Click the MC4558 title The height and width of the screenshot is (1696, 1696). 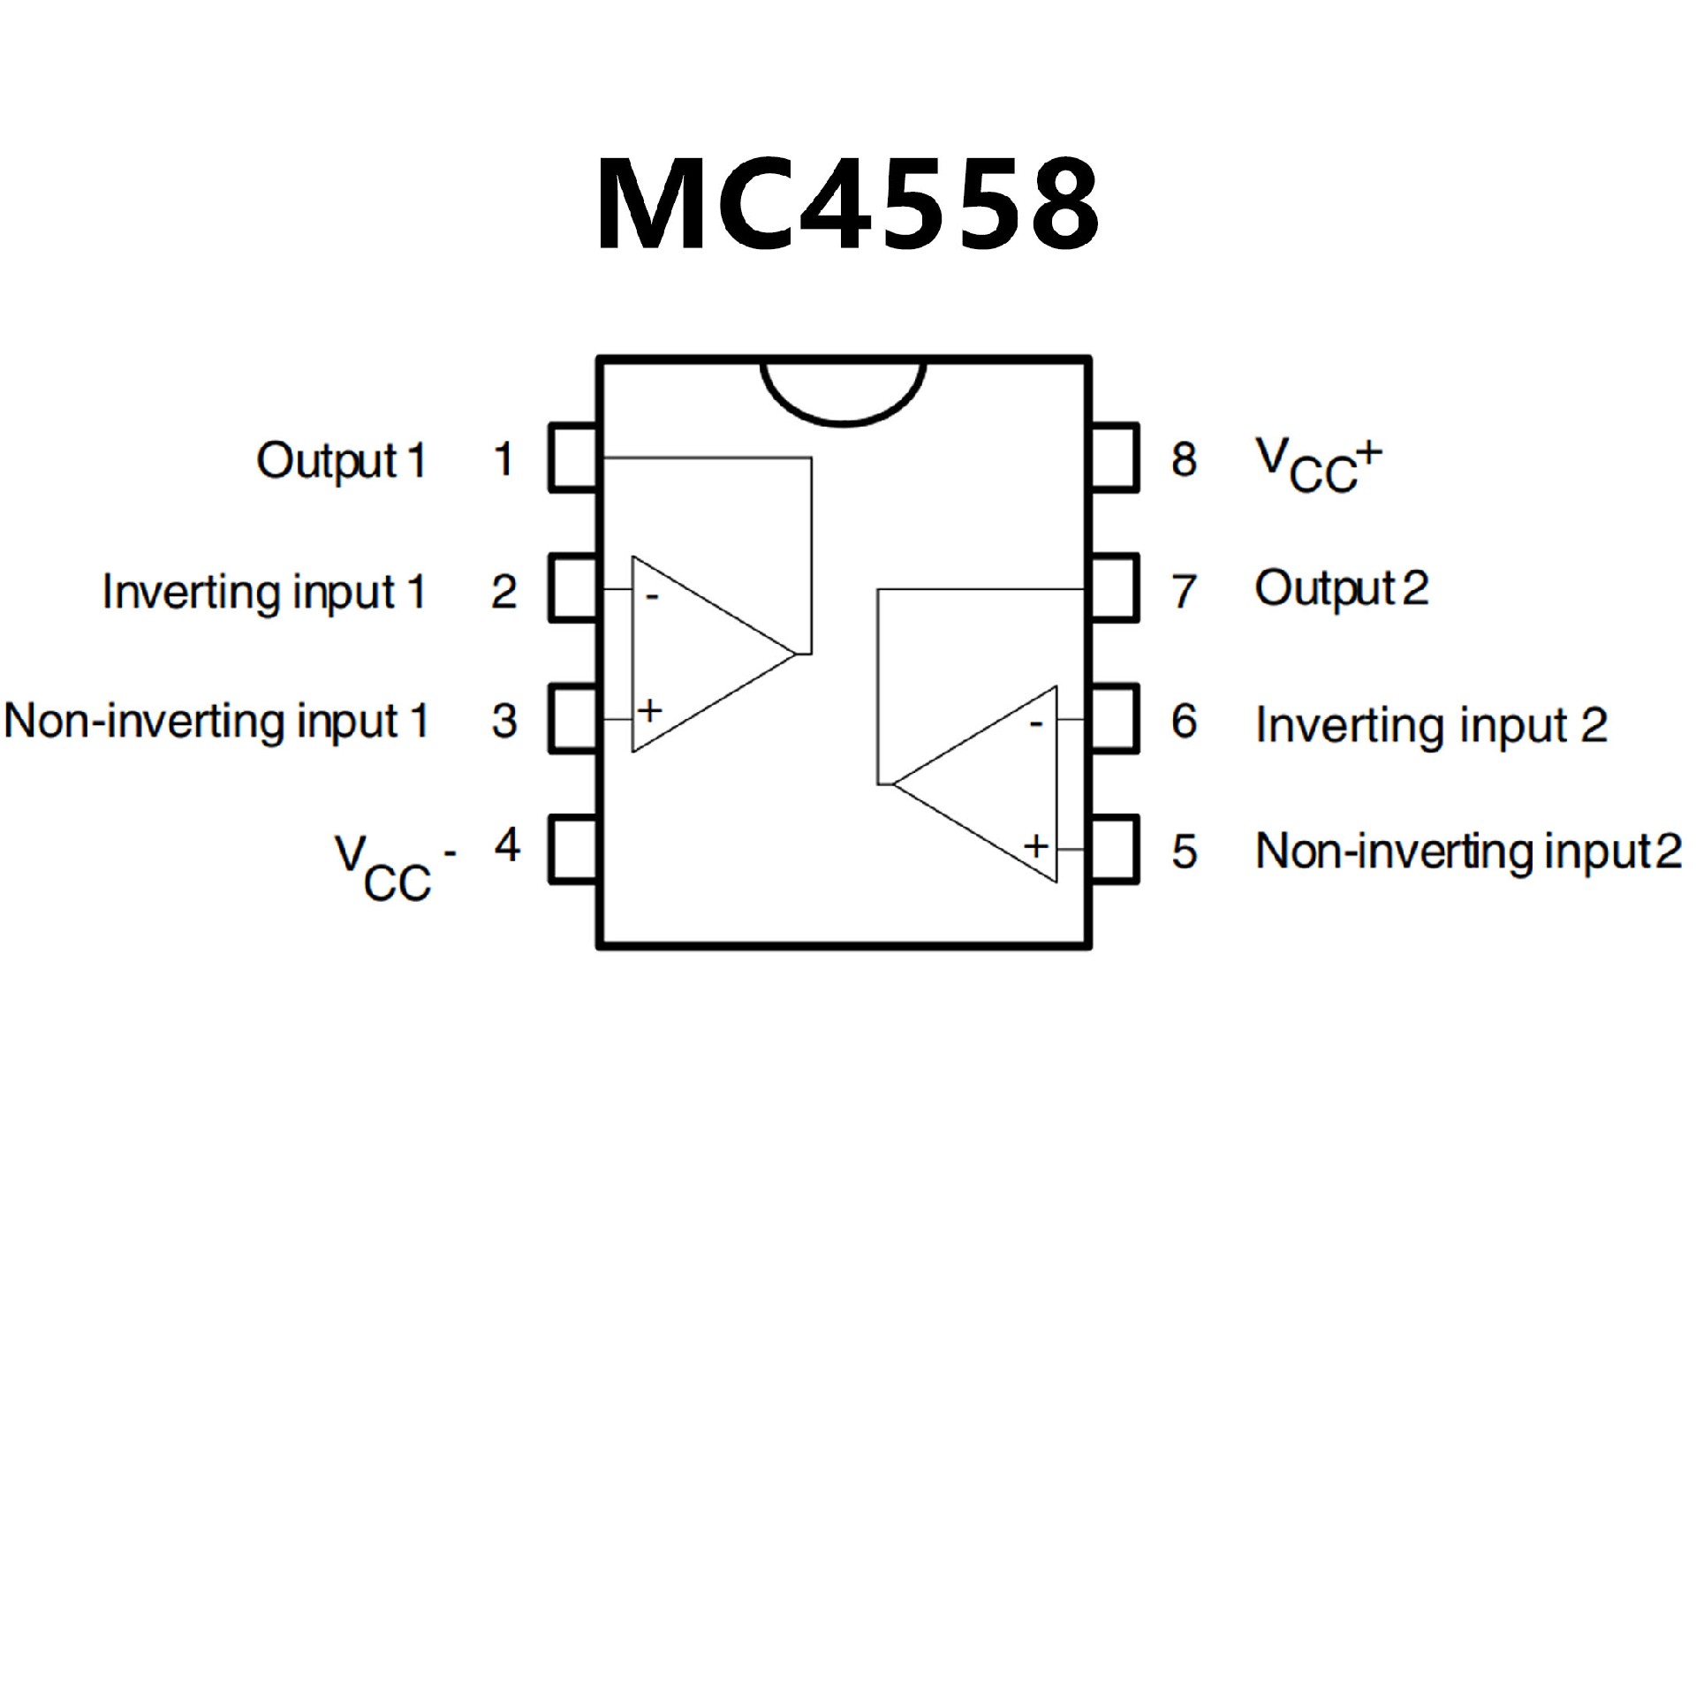pos(848,205)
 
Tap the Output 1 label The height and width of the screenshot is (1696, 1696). pos(341,460)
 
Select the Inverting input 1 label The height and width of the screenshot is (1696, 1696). pos(264,591)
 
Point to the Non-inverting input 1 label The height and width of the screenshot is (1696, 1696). pos(216,721)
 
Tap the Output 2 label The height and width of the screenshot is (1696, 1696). pos(1341,588)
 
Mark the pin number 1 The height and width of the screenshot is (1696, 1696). pos(503,459)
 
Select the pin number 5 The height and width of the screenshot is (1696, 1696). pos(1184,852)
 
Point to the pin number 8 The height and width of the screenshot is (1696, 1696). pos(1184,459)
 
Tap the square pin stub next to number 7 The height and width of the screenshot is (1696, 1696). pos(1114,588)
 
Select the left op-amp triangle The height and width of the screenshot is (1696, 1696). pos(698,654)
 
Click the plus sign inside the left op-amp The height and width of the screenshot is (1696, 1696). pos(650,710)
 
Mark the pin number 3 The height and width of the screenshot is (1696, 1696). pos(503,721)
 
